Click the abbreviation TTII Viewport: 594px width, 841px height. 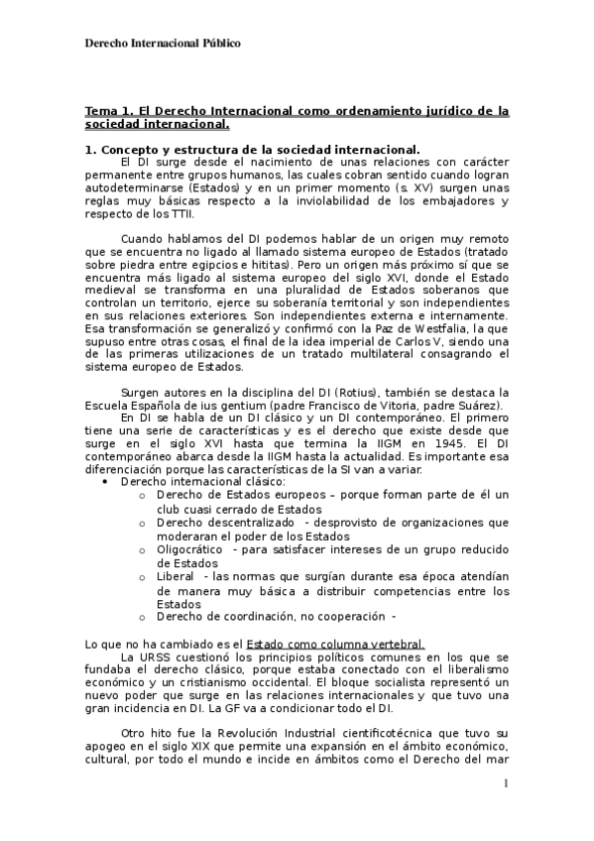coord(180,213)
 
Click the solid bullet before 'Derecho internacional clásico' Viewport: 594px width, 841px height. coord(105,482)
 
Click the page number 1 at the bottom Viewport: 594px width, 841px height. coord(506,783)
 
